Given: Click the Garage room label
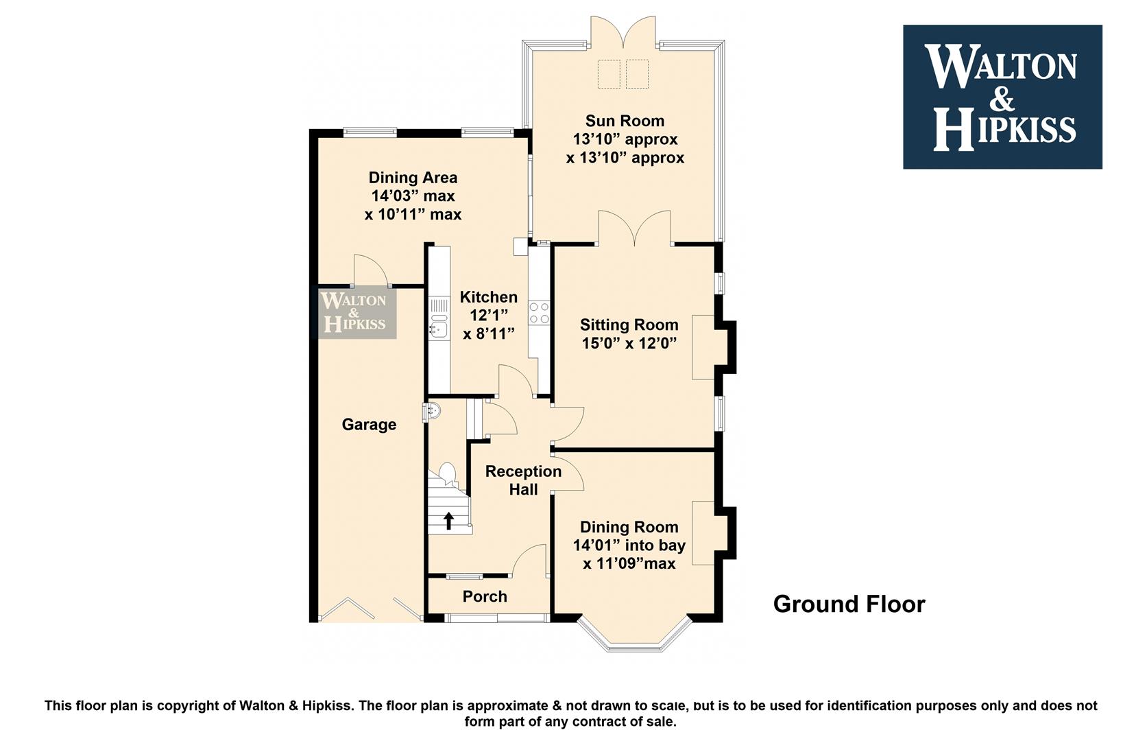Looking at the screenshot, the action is (x=369, y=425).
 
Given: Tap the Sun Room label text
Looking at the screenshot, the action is (x=625, y=121).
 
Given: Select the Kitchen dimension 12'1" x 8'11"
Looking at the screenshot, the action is (x=489, y=325).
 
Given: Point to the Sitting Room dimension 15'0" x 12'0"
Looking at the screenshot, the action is (x=629, y=343).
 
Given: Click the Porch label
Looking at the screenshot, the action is (x=485, y=596).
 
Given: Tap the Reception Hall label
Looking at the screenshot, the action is (x=523, y=480).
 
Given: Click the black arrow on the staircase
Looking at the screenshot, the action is (x=448, y=521).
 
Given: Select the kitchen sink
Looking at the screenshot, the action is (x=439, y=329).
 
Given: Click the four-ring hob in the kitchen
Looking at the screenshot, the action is (x=539, y=312).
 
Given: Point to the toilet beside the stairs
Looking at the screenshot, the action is (x=447, y=473).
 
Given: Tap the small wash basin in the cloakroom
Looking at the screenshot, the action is (x=431, y=412).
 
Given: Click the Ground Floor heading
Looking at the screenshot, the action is (x=849, y=604).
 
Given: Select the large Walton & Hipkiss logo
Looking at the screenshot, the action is (x=1002, y=97).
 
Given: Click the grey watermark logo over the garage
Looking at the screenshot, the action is (x=357, y=312).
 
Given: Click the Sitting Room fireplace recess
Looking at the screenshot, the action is (x=703, y=347).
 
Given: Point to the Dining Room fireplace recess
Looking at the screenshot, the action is (x=703, y=533).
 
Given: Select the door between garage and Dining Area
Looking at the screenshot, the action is (x=372, y=272).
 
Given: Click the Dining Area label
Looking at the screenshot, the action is (x=413, y=178).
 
